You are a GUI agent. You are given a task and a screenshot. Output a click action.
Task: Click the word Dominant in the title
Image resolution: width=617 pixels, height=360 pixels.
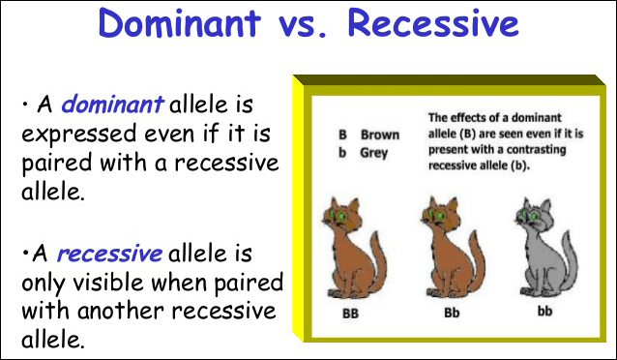pos(180,22)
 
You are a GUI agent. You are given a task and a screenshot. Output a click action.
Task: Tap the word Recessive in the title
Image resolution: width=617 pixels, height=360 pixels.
pos(433,22)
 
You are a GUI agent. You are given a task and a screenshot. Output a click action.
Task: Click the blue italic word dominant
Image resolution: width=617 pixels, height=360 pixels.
pos(112,104)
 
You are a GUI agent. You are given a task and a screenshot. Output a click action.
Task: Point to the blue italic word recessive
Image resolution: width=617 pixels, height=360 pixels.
pos(109,254)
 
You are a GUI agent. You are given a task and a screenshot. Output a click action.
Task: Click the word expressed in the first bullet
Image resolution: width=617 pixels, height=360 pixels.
pos(78,135)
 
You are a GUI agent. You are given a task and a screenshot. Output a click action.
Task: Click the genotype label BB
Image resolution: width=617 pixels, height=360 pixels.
pos(351,314)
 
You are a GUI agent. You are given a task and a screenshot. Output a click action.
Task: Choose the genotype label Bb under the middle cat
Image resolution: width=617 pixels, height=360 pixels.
pos(452,313)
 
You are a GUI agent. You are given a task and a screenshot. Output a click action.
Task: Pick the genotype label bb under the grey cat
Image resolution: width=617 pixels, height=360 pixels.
pos(545,312)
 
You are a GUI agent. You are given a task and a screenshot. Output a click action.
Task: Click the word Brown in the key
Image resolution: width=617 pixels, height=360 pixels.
pos(380,135)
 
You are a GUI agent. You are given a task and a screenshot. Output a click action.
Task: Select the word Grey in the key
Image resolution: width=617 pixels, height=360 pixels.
pos(374,153)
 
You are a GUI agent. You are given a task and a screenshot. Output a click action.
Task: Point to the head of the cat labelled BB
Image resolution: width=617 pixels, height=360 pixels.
pos(341,216)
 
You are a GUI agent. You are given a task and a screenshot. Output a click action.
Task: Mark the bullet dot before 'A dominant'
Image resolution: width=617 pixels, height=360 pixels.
pos(25,105)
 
